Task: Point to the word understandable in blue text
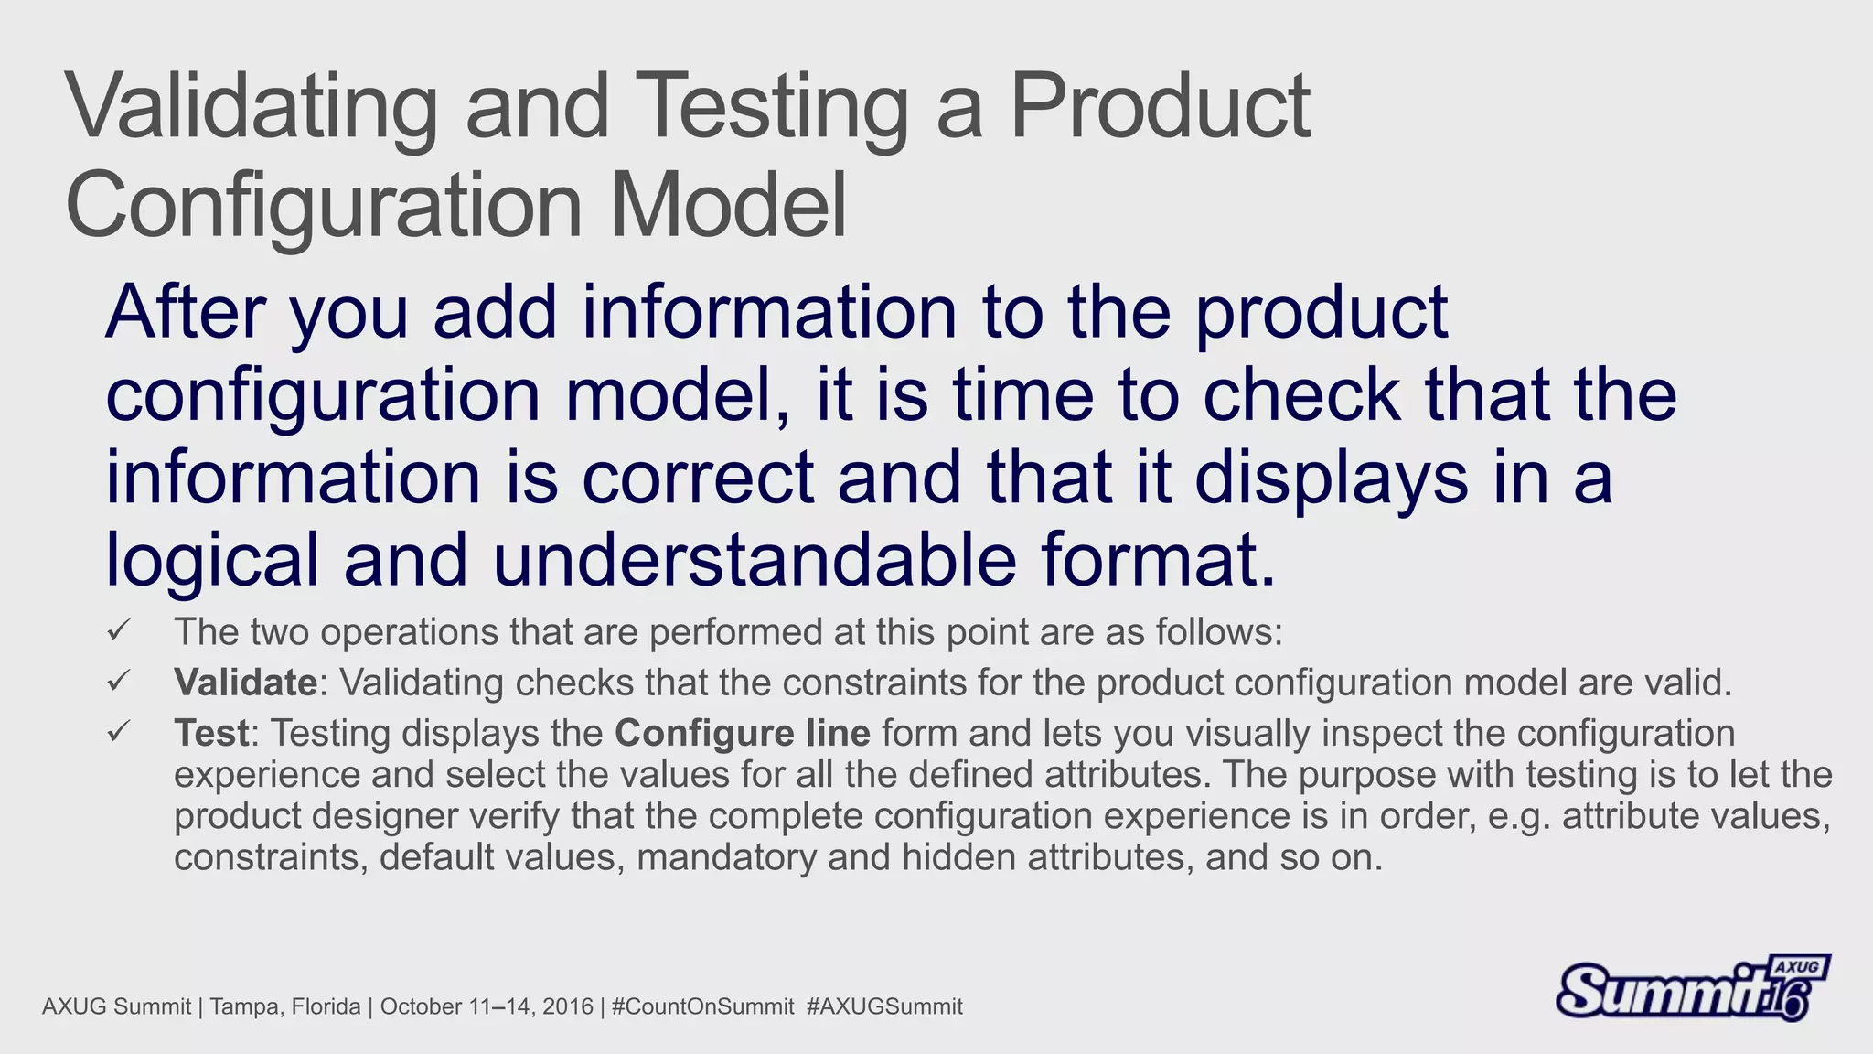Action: (755, 560)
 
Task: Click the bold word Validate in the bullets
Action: (245, 683)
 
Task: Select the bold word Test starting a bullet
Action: (211, 733)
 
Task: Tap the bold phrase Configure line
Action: (742, 733)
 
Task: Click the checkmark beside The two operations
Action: (119, 631)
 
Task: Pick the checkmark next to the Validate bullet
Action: (119, 682)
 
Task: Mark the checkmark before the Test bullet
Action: (119, 732)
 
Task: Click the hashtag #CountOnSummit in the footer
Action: (702, 1006)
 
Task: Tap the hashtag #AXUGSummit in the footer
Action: (884, 1006)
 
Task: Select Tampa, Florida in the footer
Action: (285, 1006)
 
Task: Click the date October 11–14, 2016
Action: (487, 1006)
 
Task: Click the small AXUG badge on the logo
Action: (1798, 967)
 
